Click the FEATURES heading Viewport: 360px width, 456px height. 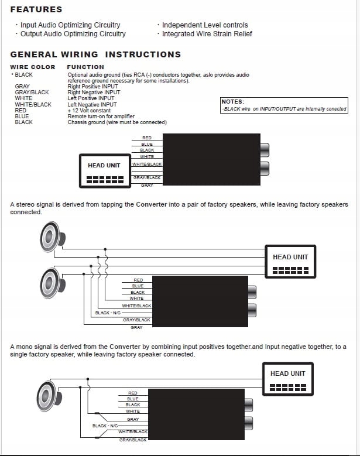click(36, 9)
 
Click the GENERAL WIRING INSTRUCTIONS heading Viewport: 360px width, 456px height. click(95, 54)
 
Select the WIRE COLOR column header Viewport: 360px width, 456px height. click(33, 67)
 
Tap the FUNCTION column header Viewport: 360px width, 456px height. click(85, 67)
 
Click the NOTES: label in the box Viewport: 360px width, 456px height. click(233, 102)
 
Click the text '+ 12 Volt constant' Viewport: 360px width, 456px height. click(89, 111)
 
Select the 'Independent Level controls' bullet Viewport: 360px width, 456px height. click(204, 25)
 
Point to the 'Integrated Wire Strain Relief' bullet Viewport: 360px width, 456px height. click(207, 34)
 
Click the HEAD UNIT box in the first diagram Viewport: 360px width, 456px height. click(104, 171)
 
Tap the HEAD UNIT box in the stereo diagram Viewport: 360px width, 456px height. click(290, 261)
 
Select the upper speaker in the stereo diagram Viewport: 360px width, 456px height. click(50, 237)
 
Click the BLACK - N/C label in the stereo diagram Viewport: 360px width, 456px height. click(108, 313)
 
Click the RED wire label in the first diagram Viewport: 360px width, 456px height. click(147, 138)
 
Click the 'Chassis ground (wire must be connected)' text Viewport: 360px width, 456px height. click(117, 122)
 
